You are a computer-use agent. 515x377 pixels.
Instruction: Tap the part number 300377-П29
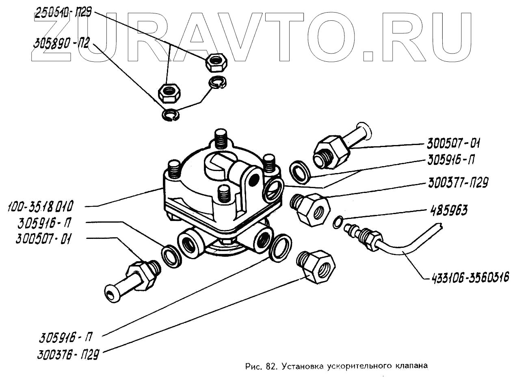tap(457, 183)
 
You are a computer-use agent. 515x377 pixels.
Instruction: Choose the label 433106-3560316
tap(467, 278)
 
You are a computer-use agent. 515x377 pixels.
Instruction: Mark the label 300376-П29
tap(68, 354)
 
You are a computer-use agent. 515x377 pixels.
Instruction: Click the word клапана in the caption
tap(411, 365)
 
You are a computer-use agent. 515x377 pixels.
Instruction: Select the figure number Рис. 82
tap(260, 366)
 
